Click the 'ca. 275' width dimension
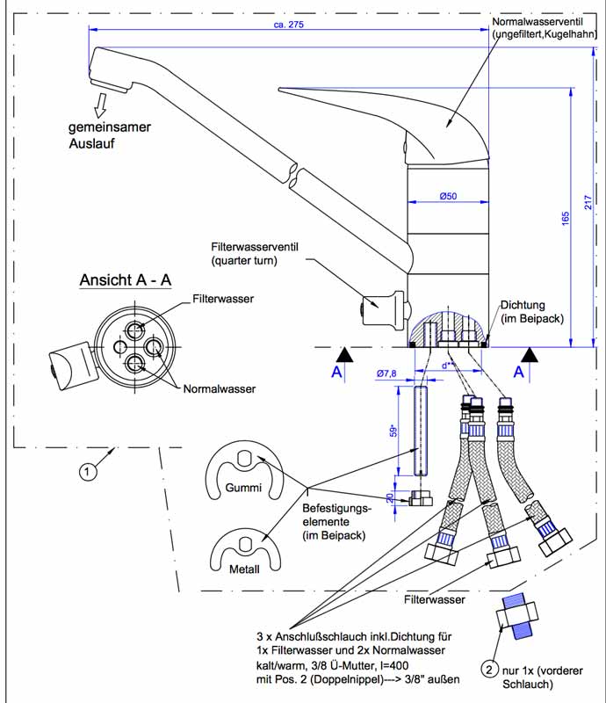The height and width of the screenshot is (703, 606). coord(288,25)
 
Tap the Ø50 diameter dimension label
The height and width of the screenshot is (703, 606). coord(448,196)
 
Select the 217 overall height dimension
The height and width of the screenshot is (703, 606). coord(588,202)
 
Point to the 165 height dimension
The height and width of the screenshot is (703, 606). coord(566,218)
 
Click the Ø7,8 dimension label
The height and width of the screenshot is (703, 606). coord(386,373)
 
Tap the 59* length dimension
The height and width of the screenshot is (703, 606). coord(393,431)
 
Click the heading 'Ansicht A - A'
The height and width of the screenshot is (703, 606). coord(126,280)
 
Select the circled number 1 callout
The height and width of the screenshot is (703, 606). coord(88,471)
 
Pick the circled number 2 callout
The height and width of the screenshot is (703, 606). coord(489,670)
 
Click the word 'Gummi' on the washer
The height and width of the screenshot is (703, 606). coord(243,488)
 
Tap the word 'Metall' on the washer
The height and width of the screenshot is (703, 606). coord(244,569)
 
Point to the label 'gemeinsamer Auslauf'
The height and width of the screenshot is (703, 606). coord(110,135)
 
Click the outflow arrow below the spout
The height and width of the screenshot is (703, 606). coord(101,105)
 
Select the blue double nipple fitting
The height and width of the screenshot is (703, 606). coord(516,616)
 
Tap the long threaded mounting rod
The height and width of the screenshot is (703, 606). coord(421,431)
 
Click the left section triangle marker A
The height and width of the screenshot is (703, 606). coord(344,355)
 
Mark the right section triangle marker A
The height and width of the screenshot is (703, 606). coord(530,355)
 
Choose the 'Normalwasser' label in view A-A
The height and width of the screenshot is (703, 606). coord(220,388)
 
